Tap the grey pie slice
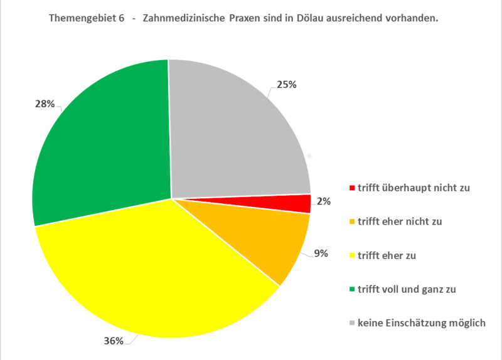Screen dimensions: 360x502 [238, 132]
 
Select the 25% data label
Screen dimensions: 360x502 [287, 84]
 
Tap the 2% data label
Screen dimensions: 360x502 [324, 201]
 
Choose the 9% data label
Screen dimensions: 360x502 [321, 254]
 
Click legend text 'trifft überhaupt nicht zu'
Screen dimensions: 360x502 [414, 188]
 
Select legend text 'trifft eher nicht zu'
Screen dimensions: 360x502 [402, 221]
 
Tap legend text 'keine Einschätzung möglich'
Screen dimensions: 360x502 [421, 323]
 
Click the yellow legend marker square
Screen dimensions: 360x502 [352, 256]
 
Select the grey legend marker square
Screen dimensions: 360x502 [352, 324]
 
